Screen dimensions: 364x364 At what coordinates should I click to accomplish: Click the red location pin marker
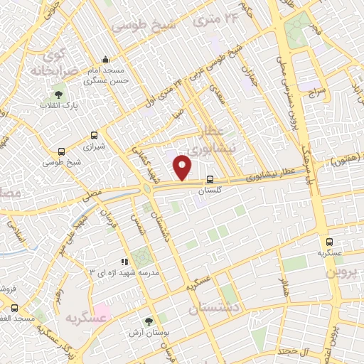[183, 168]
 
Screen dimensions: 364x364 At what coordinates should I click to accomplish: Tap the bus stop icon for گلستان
[210, 181]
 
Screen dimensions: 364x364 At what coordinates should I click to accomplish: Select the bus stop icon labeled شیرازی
[95, 135]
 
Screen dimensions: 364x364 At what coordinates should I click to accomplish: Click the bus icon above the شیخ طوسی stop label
[63, 151]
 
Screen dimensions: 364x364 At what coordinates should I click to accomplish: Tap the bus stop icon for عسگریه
[329, 242]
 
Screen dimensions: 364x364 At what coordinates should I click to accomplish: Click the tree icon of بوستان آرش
[149, 322]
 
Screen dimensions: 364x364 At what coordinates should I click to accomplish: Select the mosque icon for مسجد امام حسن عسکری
[106, 59]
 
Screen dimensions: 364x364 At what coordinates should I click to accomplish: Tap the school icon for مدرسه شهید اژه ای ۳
[124, 262]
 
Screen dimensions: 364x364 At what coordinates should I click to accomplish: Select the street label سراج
[316, 92]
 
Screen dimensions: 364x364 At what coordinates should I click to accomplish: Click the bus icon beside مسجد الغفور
[14, 308]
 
